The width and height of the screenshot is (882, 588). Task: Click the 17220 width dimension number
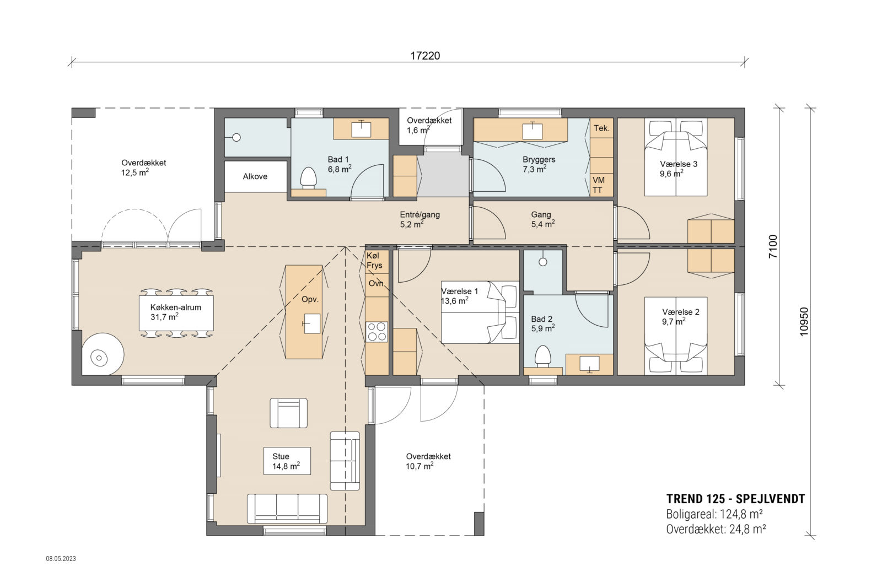pyautogui.click(x=425, y=56)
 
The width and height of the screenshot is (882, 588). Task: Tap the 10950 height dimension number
pyautogui.click(x=804, y=322)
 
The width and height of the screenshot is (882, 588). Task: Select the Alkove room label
pyautogui.click(x=255, y=176)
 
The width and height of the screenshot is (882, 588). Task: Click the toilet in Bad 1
pyautogui.click(x=309, y=179)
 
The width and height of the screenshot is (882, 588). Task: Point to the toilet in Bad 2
pyautogui.click(x=543, y=356)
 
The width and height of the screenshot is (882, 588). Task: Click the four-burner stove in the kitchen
pyautogui.click(x=377, y=332)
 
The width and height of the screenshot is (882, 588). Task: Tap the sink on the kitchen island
pyautogui.click(x=311, y=323)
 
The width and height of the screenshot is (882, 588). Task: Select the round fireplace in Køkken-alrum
pyautogui.click(x=100, y=358)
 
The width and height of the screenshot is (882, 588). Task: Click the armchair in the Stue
pyautogui.click(x=288, y=413)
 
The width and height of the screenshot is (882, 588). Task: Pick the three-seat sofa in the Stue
pyautogui.click(x=287, y=508)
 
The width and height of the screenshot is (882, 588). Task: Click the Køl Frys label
pyautogui.click(x=374, y=261)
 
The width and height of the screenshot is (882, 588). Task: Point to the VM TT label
pyautogui.click(x=598, y=185)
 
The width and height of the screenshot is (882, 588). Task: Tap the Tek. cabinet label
pyautogui.click(x=601, y=128)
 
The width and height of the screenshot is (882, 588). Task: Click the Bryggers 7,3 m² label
pyautogui.click(x=539, y=164)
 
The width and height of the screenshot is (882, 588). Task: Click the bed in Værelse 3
pyautogui.click(x=676, y=165)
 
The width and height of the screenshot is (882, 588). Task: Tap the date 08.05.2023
pyautogui.click(x=61, y=558)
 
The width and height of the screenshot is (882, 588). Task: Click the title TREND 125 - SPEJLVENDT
pyautogui.click(x=735, y=499)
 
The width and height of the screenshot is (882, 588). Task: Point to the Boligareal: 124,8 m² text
pyautogui.click(x=714, y=514)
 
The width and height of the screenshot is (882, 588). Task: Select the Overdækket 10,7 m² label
pyautogui.click(x=428, y=461)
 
